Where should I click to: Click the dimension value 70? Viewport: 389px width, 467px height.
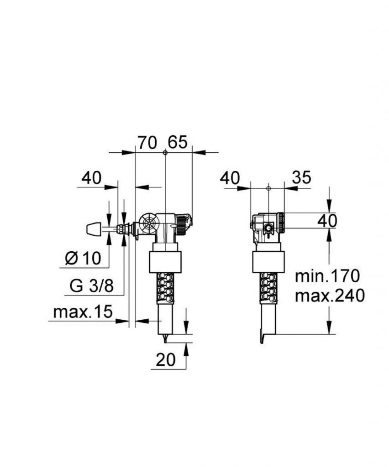point(147,143)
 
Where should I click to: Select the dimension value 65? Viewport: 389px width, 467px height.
point(177,143)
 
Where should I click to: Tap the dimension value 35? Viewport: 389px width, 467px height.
point(301,177)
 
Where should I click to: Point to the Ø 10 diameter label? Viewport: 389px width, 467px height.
point(83,259)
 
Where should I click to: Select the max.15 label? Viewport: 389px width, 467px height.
point(83,312)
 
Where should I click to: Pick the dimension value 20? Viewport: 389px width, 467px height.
point(166,360)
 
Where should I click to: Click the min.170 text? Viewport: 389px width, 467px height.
point(328,276)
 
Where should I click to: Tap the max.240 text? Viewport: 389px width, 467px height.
point(329,296)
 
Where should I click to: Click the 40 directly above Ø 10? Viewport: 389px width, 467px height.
point(92,178)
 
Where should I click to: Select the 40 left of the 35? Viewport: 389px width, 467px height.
point(230,178)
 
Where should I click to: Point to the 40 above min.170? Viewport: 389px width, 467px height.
point(327,221)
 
